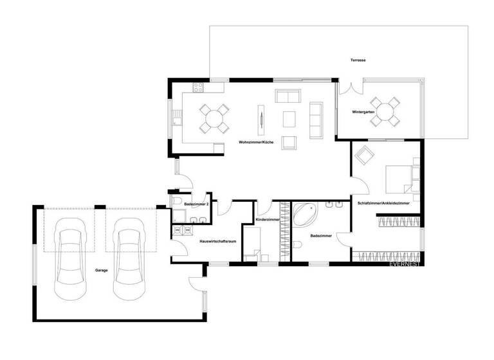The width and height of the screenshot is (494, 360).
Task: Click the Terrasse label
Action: [x=358, y=60]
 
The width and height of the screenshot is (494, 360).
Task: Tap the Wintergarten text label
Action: [x=363, y=112]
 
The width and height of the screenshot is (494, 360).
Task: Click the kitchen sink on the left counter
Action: [x=177, y=119]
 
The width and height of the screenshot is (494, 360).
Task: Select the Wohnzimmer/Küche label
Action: [x=256, y=141]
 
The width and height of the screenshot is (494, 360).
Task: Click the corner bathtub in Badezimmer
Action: [x=305, y=213]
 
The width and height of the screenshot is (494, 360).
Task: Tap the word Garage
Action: [x=101, y=270]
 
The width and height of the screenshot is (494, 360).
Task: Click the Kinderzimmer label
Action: [x=268, y=220]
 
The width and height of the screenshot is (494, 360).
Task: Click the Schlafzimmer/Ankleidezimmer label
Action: [x=384, y=203]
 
